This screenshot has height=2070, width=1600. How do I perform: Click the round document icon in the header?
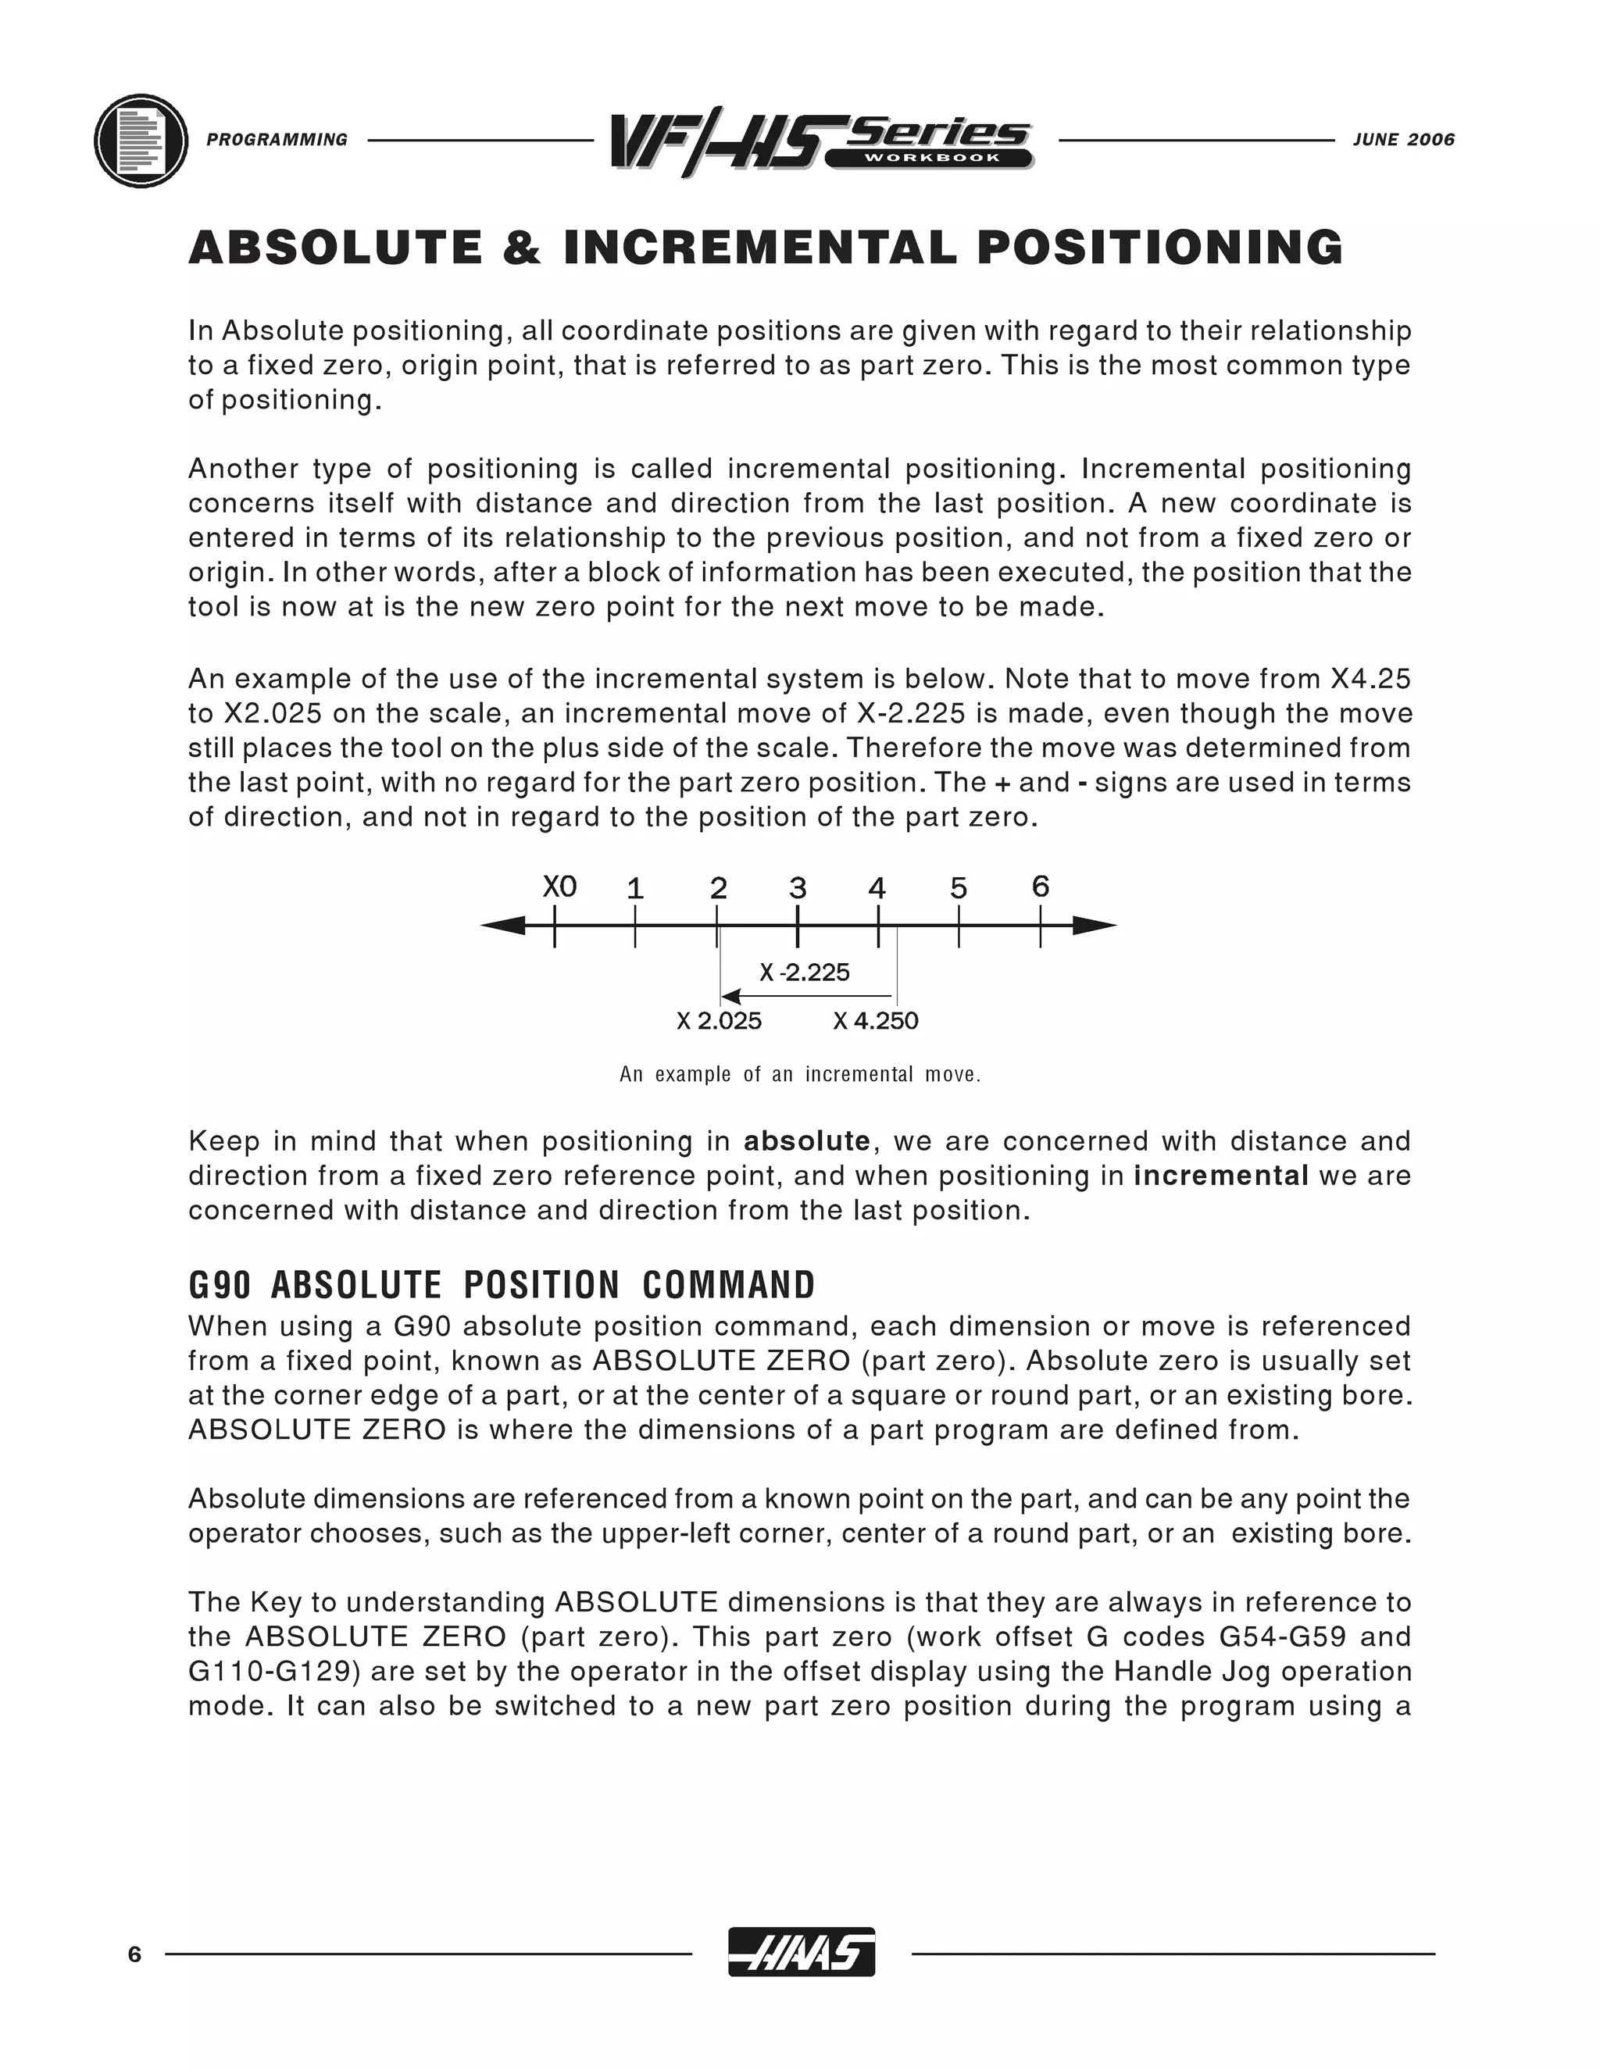[x=141, y=141]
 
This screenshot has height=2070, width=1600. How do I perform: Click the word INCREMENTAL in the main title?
[x=759, y=248]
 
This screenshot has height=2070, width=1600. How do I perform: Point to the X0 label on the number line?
[x=559, y=887]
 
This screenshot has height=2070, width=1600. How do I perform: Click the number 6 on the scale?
[x=1040, y=887]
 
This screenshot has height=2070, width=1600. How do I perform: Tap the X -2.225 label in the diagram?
[x=805, y=973]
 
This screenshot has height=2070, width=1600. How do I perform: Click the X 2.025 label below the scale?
[x=719, y=1021]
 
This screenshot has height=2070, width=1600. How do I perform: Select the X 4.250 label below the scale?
[x=876, y=1021]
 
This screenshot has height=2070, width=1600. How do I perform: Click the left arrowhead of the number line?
[x=503, y=925]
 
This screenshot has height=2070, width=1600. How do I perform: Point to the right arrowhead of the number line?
[x=1095, y=926]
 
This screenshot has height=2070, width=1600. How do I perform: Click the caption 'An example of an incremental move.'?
[x=800, y=1075]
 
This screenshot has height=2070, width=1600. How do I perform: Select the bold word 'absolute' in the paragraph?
[x=806, y=1141]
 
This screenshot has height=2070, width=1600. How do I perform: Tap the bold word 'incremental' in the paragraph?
[x=1221, y=1176]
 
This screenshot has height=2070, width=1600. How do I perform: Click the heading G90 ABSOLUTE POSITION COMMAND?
[x=502, y=1285]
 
